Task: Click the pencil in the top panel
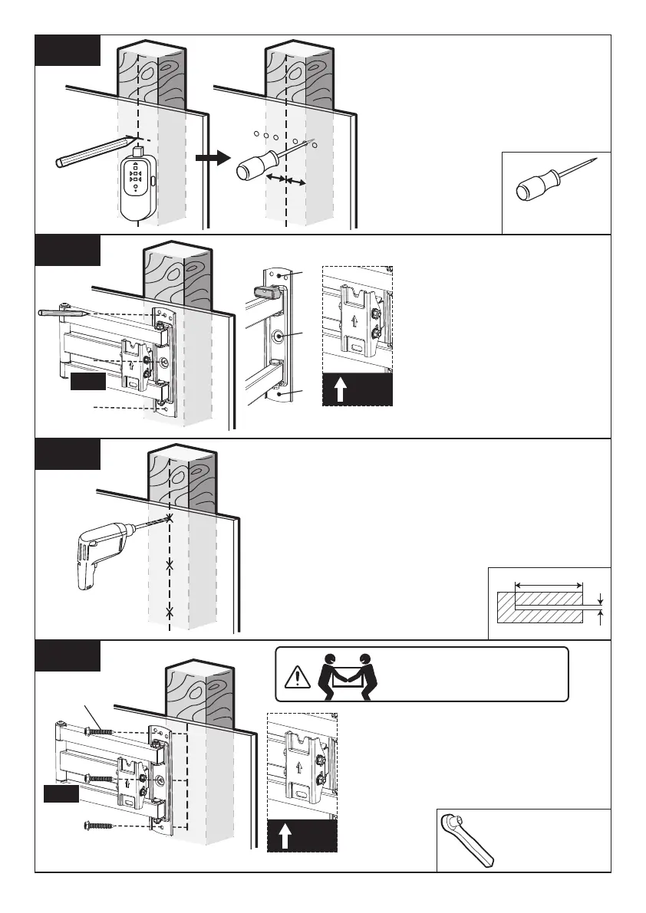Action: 91,150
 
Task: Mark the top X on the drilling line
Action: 170,519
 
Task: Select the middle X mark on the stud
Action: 170,566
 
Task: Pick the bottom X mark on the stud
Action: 170,612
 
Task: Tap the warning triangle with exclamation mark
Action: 295,677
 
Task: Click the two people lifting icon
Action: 342,674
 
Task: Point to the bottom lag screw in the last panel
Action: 98,825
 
